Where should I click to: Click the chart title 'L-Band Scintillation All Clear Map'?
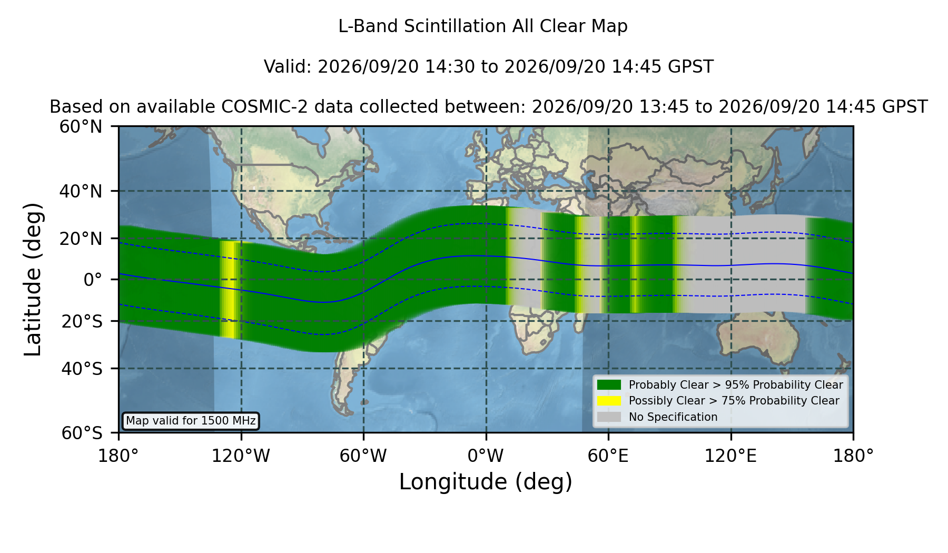(483, 26)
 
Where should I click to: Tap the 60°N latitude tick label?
(81, 127)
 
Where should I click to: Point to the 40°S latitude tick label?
(82, 369)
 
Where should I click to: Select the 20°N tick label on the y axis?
(81, 239)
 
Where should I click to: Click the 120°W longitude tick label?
(241, 456)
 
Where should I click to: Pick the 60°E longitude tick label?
(608, 456)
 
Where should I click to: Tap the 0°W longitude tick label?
(486, 456)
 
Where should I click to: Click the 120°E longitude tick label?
(731, 456)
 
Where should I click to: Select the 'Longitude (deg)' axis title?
(486, 482)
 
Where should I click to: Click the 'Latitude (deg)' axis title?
(33, 279)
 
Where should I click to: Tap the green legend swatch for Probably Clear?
(609, 385)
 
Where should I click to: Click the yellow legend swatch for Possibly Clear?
(609, 401)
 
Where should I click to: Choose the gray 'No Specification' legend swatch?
(609, 417)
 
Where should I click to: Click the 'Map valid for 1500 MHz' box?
(191, 421)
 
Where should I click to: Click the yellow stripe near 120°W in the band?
(230, 289)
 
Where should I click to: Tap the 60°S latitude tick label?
(82, 433)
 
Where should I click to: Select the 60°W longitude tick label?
(363, 456)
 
